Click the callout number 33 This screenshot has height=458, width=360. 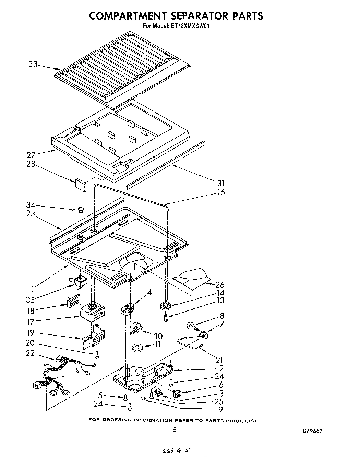[33, 64]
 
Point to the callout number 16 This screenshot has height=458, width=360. [221, 192]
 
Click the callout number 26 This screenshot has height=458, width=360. [219, 285]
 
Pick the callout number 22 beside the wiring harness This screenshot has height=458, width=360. [30, 353]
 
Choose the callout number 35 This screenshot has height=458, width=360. [30, 300]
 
